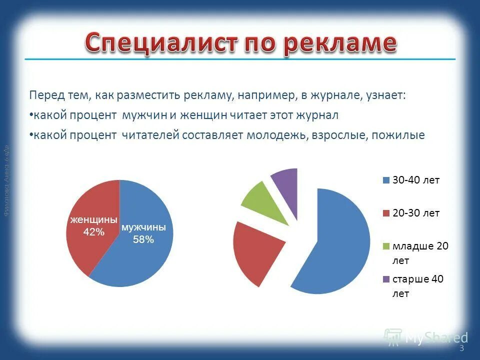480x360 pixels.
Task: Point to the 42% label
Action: [x=93, y=232]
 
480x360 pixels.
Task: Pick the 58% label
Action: [x=143, y=239]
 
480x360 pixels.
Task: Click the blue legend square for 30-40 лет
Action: [x=385, y=180]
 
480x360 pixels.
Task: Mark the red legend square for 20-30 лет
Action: [x=385, y=213]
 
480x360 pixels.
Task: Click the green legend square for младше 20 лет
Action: [x=385, y=246]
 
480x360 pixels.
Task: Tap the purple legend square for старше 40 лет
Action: [x=385, y=279]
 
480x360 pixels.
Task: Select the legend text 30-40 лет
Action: [x=416, y=180]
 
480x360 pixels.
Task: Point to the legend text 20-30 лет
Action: [x=416, y=213]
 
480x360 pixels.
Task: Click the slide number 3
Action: [x=461, y=348]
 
